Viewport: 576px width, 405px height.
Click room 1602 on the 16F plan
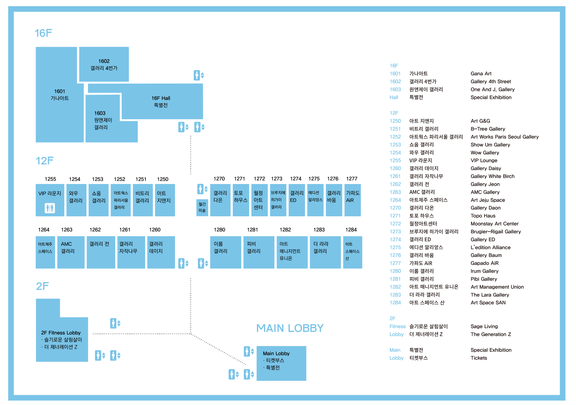[x=104, y=64]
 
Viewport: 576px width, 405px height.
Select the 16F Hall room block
[x=161, y=102]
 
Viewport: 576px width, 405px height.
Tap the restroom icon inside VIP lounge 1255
[x=50, y=208]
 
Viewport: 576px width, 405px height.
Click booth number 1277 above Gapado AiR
[x=352, y=179]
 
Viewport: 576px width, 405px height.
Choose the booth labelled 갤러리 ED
[x=296, y=200]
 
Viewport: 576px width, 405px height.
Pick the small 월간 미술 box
[x=202, y=207]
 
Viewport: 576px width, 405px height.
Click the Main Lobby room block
[x=281, y=363]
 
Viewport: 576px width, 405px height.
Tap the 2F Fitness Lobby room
[x=61, y=339]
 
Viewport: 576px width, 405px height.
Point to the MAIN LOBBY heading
[x=290, y=328]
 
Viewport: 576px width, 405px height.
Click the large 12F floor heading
[x=44, y=161]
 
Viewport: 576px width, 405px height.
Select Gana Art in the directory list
[x=481, y=74]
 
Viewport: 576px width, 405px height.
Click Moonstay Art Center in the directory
[x=494, y=224]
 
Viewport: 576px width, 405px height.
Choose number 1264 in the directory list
[x=395, y=200]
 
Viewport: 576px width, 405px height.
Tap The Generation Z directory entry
[x=490, y=334]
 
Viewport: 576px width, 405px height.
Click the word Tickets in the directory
[x=479, y=358]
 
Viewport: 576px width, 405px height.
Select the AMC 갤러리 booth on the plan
[x=71, y=252]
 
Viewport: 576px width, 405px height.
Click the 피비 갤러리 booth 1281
[x=259, y=252]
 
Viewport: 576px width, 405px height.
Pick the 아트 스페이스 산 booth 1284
[x=352, y=252]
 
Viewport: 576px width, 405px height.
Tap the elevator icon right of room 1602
[x=199, y=75]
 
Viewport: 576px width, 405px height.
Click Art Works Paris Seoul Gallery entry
[x=505, y=137]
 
